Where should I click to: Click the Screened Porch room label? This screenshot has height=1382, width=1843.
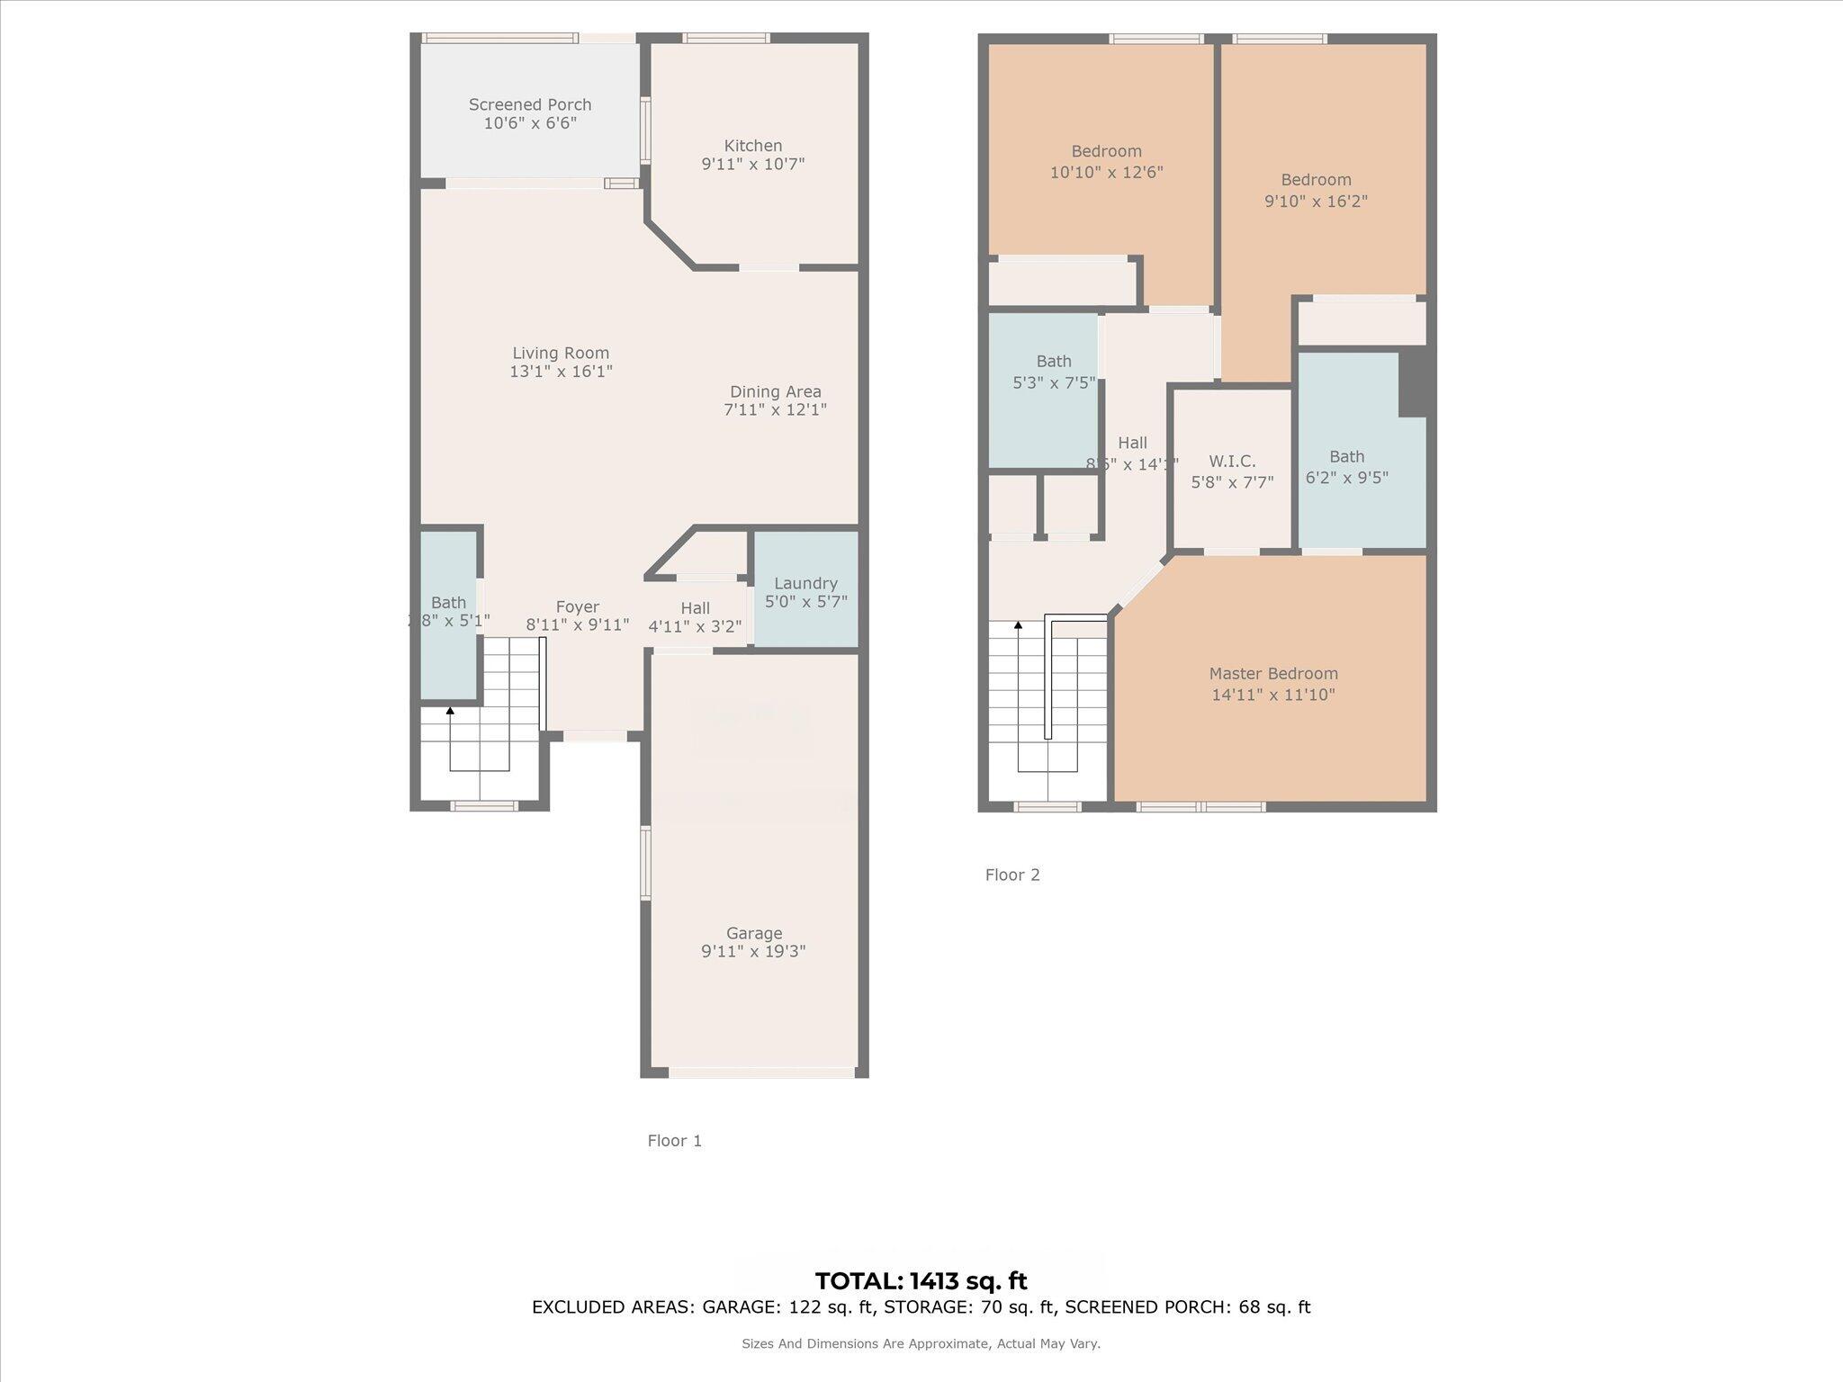tap(530, 105)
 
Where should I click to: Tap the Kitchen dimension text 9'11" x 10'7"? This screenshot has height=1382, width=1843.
tap(753, 165)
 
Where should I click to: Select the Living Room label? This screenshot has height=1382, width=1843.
tap(561, 354)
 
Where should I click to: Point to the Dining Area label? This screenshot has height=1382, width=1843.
tap(775, 392)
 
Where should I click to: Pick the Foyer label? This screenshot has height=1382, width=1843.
tap(577, 607)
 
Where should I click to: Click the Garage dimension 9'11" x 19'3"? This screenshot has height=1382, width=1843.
tap(753, 952)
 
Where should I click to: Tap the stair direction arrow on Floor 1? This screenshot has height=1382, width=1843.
tap(450, 712)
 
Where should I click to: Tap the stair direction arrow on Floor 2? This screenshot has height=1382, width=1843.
tap(1019, 624)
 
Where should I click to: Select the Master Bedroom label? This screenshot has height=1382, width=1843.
tap(1272, 674)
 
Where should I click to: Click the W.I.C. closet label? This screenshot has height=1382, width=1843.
tap(1232, 462)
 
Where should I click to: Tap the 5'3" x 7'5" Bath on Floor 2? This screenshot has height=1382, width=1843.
tap(1053, 372)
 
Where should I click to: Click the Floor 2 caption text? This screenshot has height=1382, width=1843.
tap(1012, 875)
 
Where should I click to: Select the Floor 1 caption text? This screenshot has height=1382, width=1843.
tap(674, 1141)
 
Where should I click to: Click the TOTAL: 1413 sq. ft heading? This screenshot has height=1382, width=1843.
tap(921, 1281)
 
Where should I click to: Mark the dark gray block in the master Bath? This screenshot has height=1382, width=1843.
tap(1414, 382)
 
